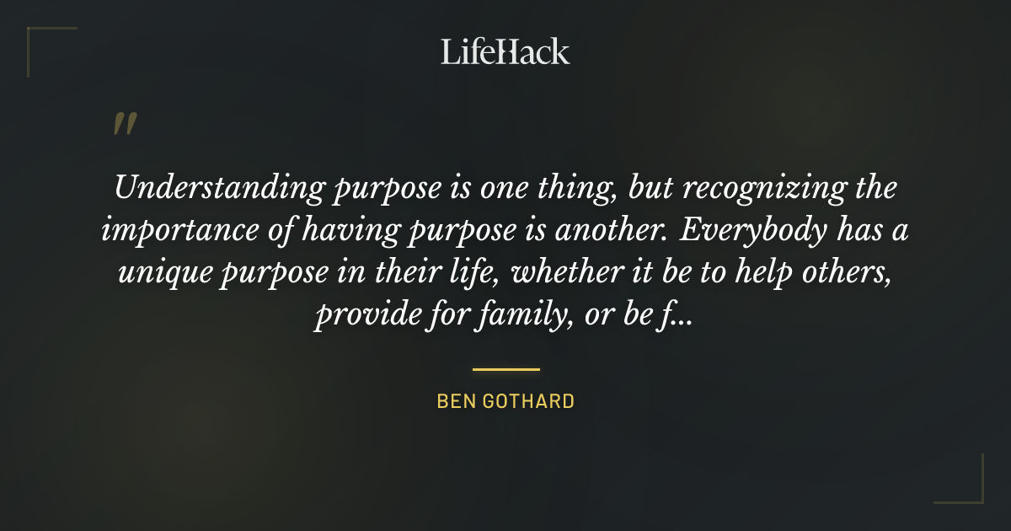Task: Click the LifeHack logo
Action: pyautogui.click(x=505, y=52)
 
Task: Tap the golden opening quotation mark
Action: pyautogui.click(x=125, y=124)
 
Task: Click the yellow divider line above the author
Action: pyautogui.click(x=505, y=369)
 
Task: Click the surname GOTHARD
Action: pyautogui.click(x=528, y=401)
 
